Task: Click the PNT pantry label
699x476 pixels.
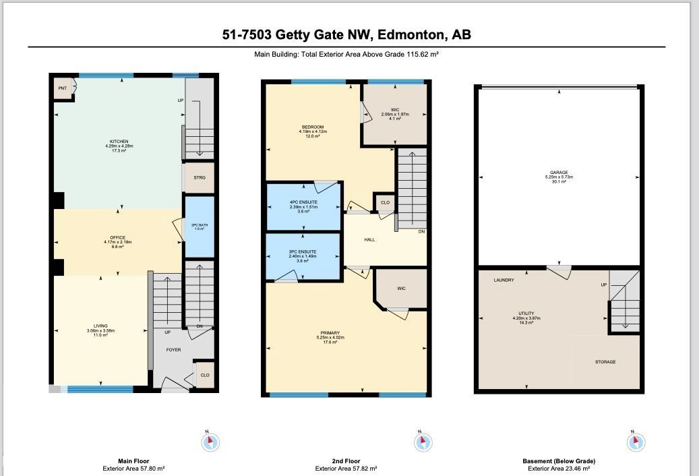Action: pos(63,88)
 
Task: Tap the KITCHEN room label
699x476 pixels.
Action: pos(119,142)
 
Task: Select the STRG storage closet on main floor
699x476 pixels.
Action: pos(199,177)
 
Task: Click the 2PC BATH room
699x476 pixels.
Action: pos(199,227)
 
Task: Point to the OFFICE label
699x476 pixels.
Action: pos(119,238)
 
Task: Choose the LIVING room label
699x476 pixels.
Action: pos(101,326)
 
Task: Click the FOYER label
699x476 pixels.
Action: pos(174,350)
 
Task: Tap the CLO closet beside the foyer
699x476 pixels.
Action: pos(205,375)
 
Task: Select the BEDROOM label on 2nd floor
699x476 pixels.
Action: pos(313,127)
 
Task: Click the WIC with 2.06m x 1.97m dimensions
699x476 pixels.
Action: pos(395,111)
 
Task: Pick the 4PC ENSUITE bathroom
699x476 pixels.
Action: pos(303,204)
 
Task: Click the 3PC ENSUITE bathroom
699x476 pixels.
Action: pos(303,252)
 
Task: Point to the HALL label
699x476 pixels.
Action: pos(369,239)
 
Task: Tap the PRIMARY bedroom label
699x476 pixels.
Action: pos(330,333)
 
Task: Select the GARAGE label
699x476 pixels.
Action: pos(559,173)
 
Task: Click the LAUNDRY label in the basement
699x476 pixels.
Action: pos(504,280)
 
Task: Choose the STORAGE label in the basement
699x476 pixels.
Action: pos(605,362)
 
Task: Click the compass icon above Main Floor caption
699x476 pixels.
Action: pos(211,442)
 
